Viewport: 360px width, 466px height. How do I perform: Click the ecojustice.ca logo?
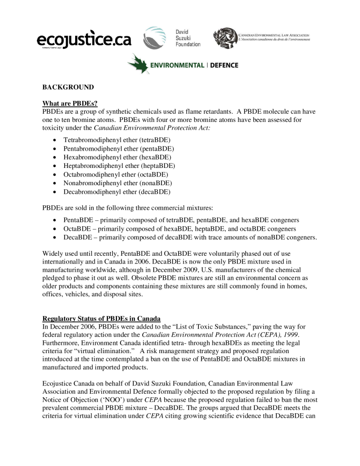click(x=84, y=40)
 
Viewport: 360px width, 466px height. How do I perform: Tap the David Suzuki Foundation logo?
click(x=172, y=38)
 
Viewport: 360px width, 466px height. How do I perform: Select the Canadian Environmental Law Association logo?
click(x=262, y=37)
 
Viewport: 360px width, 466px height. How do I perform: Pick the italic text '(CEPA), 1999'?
click(x=279, y=335)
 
